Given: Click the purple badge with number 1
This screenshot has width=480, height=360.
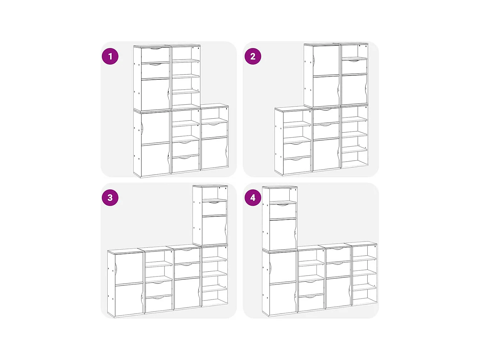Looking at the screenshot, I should point(110,56).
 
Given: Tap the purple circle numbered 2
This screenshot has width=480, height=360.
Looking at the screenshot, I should point(253,56).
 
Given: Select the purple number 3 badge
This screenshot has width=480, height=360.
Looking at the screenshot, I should point(110,197).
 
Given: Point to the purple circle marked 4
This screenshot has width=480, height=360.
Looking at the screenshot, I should point(253,197).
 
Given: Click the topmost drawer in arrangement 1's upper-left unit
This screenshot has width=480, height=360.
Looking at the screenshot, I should point(155,55).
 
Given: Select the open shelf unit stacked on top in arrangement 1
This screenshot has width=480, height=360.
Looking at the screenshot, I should point(186,77).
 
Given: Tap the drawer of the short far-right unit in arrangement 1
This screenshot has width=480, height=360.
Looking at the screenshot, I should point(214,130).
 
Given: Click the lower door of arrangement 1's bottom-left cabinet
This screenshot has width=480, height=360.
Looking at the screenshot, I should point(155,159).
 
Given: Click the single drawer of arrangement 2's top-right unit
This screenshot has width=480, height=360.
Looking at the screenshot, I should point(354,67).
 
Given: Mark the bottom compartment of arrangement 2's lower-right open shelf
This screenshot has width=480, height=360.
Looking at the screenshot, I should point(354,157).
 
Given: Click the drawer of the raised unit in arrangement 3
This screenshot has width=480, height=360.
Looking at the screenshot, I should point(214,208).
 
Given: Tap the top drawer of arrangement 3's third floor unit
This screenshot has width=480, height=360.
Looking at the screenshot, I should point(187,256).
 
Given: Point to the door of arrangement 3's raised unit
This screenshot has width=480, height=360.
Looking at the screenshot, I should point(214,230).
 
